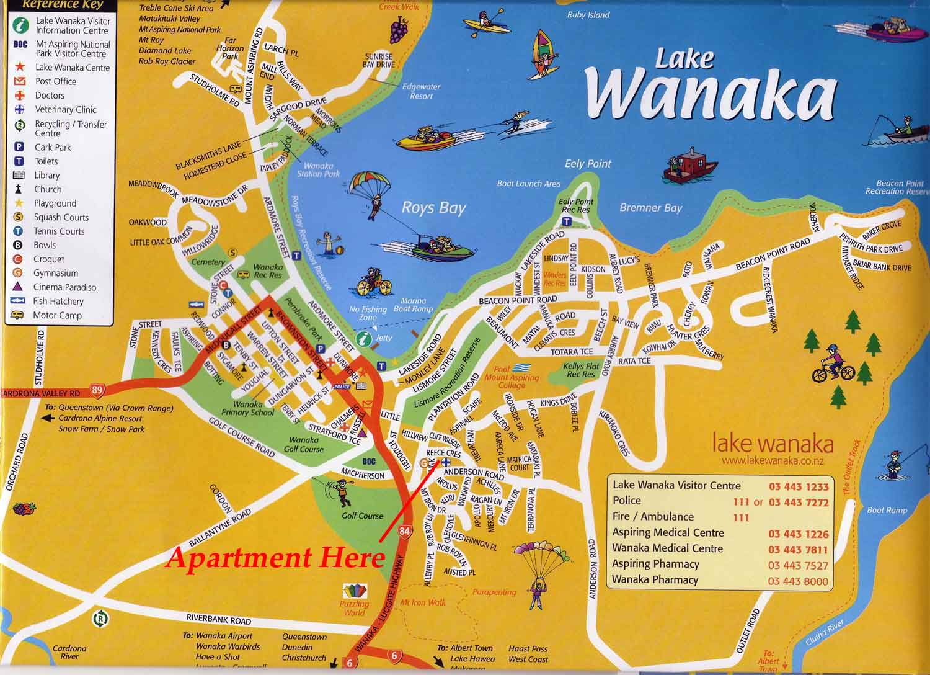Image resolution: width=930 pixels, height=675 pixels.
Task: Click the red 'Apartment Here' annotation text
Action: point(275,558)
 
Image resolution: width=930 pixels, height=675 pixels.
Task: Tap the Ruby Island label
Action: point(588,15)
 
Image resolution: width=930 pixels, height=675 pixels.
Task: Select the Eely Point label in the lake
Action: point(588,164)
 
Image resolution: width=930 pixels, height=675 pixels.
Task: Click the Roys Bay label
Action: point(433,208)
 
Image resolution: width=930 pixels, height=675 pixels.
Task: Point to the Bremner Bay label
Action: point(650,208)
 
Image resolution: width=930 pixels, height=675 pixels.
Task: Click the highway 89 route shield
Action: point(97,390)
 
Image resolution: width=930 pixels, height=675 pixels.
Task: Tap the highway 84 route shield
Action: point(405,531)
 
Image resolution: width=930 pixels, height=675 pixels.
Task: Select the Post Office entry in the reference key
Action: point(56,81)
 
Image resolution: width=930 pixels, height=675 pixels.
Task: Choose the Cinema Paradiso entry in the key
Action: point(64,287)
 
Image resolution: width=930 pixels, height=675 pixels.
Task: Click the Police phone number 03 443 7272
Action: point(798,503)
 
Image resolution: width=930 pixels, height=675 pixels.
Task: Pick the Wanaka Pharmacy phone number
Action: point(798,581)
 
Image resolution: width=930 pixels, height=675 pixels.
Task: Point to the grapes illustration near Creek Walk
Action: point(399,28)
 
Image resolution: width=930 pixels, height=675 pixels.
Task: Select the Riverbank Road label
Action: point(219,619)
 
